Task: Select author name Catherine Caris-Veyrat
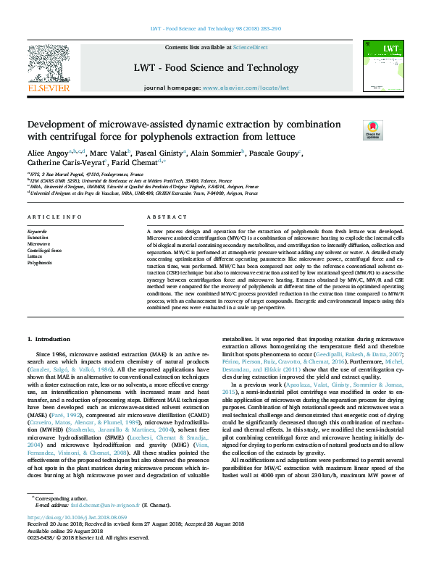click(62, 164)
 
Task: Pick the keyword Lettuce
click(35, 256)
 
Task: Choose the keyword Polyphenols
click(39, 263)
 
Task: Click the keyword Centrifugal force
click(44, 251)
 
